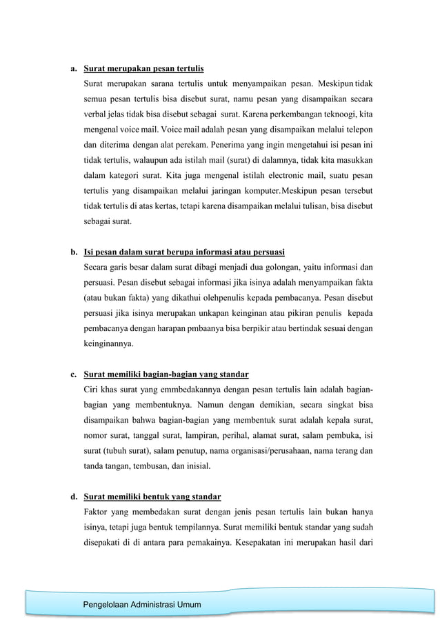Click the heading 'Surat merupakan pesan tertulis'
coord(143,70)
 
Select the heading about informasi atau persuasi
coord(184,250)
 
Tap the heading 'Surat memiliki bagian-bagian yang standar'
coord(166,375)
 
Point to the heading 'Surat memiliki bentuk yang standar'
coord(152,496)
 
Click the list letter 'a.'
coord(72,70)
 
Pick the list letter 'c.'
coord(72,375)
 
